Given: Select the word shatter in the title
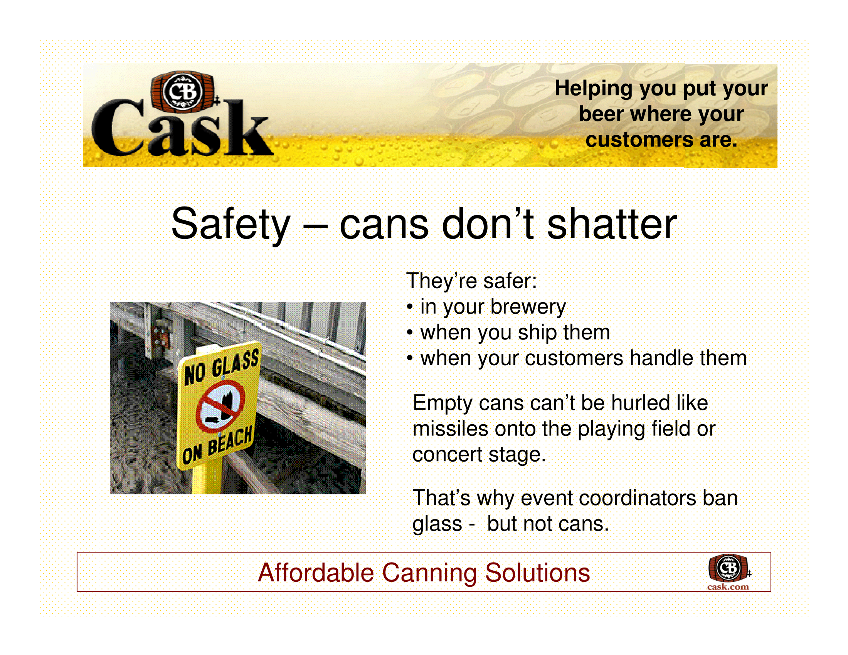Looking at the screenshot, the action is pos(612,224).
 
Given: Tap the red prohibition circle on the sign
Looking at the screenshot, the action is pos(220,406).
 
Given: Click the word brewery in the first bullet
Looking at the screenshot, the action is pos(528,308).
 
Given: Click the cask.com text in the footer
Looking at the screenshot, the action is pos(728,587).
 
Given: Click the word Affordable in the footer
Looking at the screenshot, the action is pos(316,573).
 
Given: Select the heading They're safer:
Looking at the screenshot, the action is pos(471,281).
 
